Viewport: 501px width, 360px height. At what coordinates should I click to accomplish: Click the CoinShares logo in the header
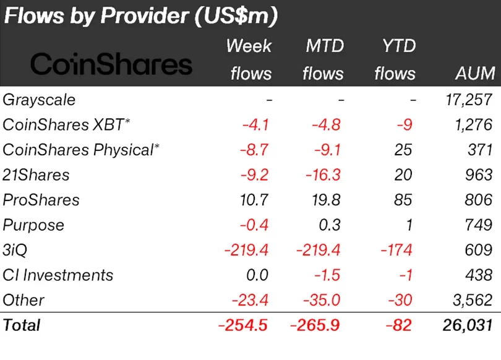(x=111, y=64)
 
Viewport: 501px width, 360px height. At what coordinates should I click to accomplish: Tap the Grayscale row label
(x=39, y=100)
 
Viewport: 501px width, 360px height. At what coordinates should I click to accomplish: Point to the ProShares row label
(x=41, y=200)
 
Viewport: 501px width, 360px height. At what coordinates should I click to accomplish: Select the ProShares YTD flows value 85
(x=403, y=200)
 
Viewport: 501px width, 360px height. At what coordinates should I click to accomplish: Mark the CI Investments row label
(x=58, y=275)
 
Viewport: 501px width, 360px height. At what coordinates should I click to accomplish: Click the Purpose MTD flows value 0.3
(x=330, y=225)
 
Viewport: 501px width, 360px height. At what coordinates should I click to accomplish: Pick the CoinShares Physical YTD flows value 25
(x=403, y=150)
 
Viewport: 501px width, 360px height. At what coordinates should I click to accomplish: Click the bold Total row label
(x=22, y=325)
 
